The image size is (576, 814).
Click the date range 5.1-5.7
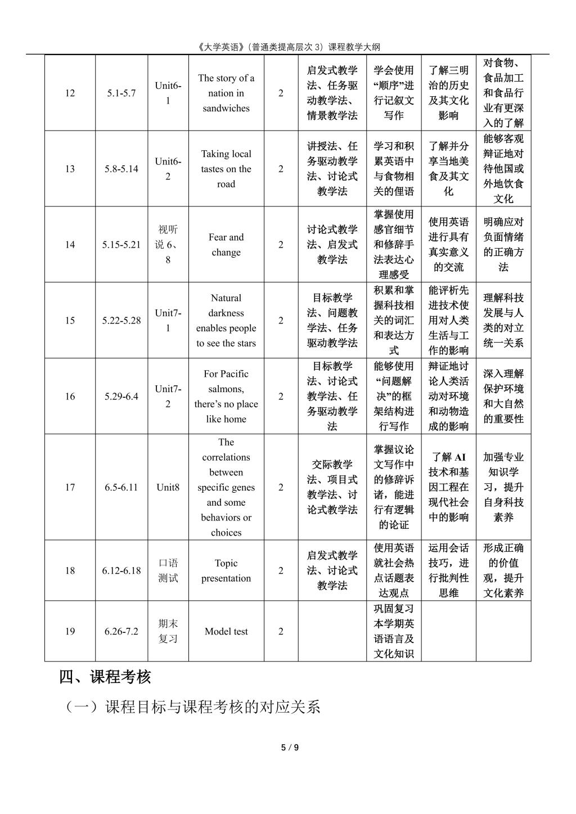(121, 93)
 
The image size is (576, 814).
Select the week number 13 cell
(70, 169)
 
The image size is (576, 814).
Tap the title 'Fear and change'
(226, 245)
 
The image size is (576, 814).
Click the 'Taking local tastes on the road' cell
(226, 169)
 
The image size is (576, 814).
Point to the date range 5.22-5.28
(121, 321)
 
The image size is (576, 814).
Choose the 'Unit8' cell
(168, 487)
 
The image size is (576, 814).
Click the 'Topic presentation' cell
(226, 570)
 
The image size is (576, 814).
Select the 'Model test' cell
(226, 631)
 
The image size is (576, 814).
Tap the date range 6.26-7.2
(121, 631)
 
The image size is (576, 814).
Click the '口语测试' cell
(168, 570)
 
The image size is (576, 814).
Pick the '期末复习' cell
(168, 631)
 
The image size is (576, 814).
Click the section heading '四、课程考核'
(105, 677)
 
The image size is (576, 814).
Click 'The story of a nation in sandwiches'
(226, 93)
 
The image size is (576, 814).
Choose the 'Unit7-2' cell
(168, 397)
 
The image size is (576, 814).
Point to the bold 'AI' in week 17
(460, 457)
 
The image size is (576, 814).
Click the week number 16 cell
(70, 397)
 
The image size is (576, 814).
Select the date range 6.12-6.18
(121, 570)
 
